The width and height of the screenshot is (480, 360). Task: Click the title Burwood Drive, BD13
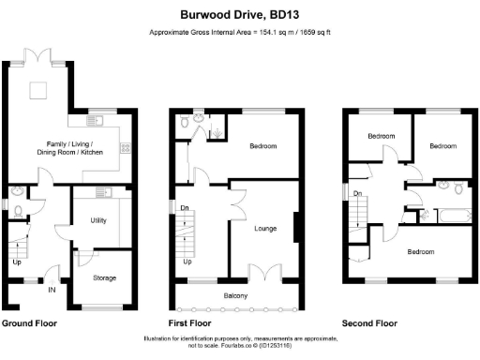239,15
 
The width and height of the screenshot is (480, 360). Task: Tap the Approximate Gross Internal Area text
239,34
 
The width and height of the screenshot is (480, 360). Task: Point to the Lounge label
265,227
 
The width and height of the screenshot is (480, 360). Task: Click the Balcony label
236,297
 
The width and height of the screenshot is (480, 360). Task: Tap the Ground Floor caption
29,323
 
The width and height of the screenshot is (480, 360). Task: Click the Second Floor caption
369,323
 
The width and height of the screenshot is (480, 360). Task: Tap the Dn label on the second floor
358,194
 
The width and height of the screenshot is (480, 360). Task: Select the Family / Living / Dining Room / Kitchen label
66,146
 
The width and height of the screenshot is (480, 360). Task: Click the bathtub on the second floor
452,215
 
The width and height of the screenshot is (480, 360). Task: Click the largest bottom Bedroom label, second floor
420,251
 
